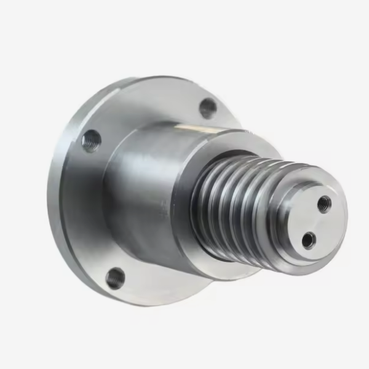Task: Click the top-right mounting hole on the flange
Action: pyautogui.click(x=208, y=109)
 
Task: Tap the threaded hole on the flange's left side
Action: pyautogui.click(x=92, y=141)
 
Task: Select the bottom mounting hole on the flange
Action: pyautogui.click(x=115, y=278)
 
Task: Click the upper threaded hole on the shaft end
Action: pyautogui.click(x=324, y=202)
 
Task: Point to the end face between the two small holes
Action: pyautogui.click(x=315, y=221)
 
